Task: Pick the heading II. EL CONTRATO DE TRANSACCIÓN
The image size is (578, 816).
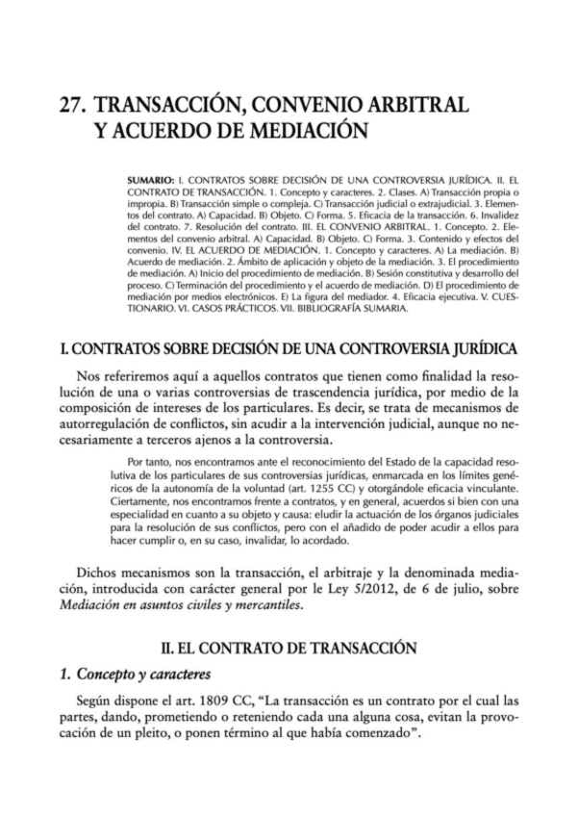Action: tap(289, 649)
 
